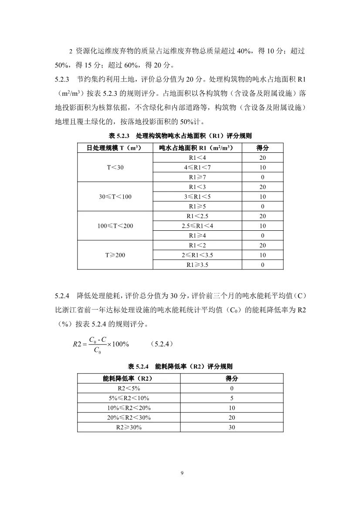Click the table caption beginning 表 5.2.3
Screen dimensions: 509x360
pos(180,136)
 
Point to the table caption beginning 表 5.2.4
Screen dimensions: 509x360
pos(180,367)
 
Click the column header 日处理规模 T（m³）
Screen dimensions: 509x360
pos(115,148)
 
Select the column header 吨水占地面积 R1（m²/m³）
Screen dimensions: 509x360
pos(197,148)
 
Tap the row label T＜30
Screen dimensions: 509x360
pos(115,168)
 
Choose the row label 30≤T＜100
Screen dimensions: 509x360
pos(115,197)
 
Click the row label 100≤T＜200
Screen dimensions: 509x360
pos(115,226)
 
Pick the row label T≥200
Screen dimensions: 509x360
pos(115,255)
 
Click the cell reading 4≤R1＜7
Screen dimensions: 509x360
pos(197,168)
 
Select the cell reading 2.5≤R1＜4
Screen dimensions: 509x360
pos(197,226)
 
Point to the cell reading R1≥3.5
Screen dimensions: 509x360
pos(197,265)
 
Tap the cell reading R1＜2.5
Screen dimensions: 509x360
pos(197,216)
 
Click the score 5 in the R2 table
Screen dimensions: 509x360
pos(231,398)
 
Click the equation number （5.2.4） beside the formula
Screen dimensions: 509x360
pos(163,344)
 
